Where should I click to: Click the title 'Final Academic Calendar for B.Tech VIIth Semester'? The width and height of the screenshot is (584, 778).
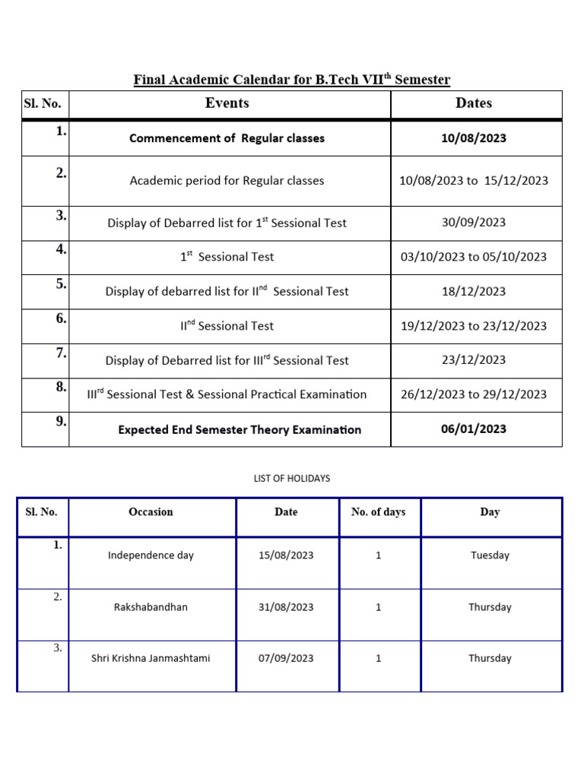(x=292, y=80)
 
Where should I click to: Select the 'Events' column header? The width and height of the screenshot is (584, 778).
(x=227, y=103)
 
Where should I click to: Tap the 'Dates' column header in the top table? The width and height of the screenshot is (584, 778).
(x=474, y=103)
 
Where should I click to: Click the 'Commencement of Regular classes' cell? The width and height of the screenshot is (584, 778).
(x=227, y=138)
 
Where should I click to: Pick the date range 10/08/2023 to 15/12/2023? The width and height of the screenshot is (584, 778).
(x=474, y=181)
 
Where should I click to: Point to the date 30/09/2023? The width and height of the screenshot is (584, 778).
(x=474, y=223)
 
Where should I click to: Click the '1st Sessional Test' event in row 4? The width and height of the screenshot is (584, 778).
(x=227, y=257)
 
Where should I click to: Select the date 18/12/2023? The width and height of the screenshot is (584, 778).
(x=474, y=291)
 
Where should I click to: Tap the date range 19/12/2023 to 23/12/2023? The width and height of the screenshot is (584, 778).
(x=474, y=326)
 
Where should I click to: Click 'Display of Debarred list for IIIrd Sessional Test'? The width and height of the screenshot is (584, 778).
(x=227, y=360)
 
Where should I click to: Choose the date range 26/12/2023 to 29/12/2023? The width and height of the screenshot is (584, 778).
(x=474, y=394)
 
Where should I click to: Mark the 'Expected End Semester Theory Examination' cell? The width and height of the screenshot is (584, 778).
(x=240, y=430)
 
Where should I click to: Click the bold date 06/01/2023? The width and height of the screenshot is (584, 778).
(x=474, y=429)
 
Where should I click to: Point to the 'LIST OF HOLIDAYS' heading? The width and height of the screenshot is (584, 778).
(x=292, y=479)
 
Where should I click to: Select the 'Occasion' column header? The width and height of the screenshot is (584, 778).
(x=151, y=512)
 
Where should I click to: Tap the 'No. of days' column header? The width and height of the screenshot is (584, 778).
(x=378, y=512)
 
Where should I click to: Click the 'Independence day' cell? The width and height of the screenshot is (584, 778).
(x=151, y=555)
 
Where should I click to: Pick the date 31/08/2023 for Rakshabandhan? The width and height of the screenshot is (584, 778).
(x=286, y=607)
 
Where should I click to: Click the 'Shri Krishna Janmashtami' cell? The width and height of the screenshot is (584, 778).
(x=151, y=659)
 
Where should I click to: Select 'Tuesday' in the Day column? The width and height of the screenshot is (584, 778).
(x=490, y=555)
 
